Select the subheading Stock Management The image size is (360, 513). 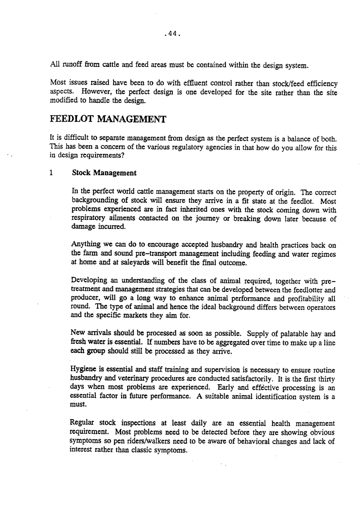[x=104, y=173]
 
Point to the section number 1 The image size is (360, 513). [x=51, y=173]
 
